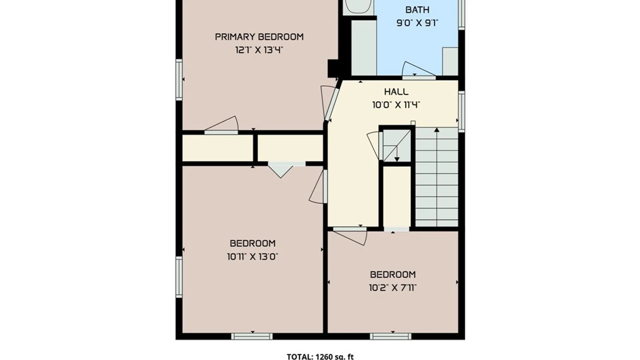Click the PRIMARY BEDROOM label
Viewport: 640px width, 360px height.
(259, 37)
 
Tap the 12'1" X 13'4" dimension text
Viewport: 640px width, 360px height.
(259, 50)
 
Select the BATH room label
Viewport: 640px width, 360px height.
(417, 10)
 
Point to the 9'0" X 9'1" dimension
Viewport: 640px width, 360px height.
(417, 23)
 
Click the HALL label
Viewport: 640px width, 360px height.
(396, 92)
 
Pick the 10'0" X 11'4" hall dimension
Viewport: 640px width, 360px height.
(396, 105)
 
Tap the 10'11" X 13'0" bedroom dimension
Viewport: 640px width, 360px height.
(252, 257)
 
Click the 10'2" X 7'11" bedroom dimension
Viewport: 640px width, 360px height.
(393, 287)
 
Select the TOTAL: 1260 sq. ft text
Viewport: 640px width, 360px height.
(320, 356)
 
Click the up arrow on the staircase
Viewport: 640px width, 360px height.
(437, 130)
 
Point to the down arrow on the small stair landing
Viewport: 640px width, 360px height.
(397, 159)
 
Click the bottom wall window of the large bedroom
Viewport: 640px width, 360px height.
(252, 336)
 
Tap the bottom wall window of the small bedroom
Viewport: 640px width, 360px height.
(390, 336)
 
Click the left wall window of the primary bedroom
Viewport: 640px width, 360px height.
(179, 80)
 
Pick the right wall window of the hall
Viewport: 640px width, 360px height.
(461, 111)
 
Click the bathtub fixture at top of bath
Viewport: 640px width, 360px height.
(358, 6)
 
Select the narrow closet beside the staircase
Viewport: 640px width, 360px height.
(397, 197)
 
